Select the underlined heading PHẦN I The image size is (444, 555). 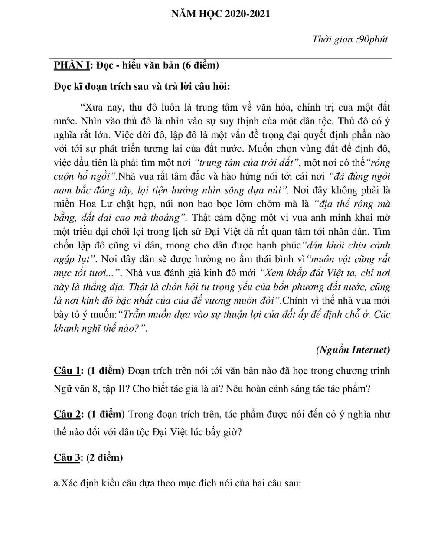(72, 65)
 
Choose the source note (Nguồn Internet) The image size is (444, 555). (353, 349)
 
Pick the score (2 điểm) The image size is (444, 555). (104, 457)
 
